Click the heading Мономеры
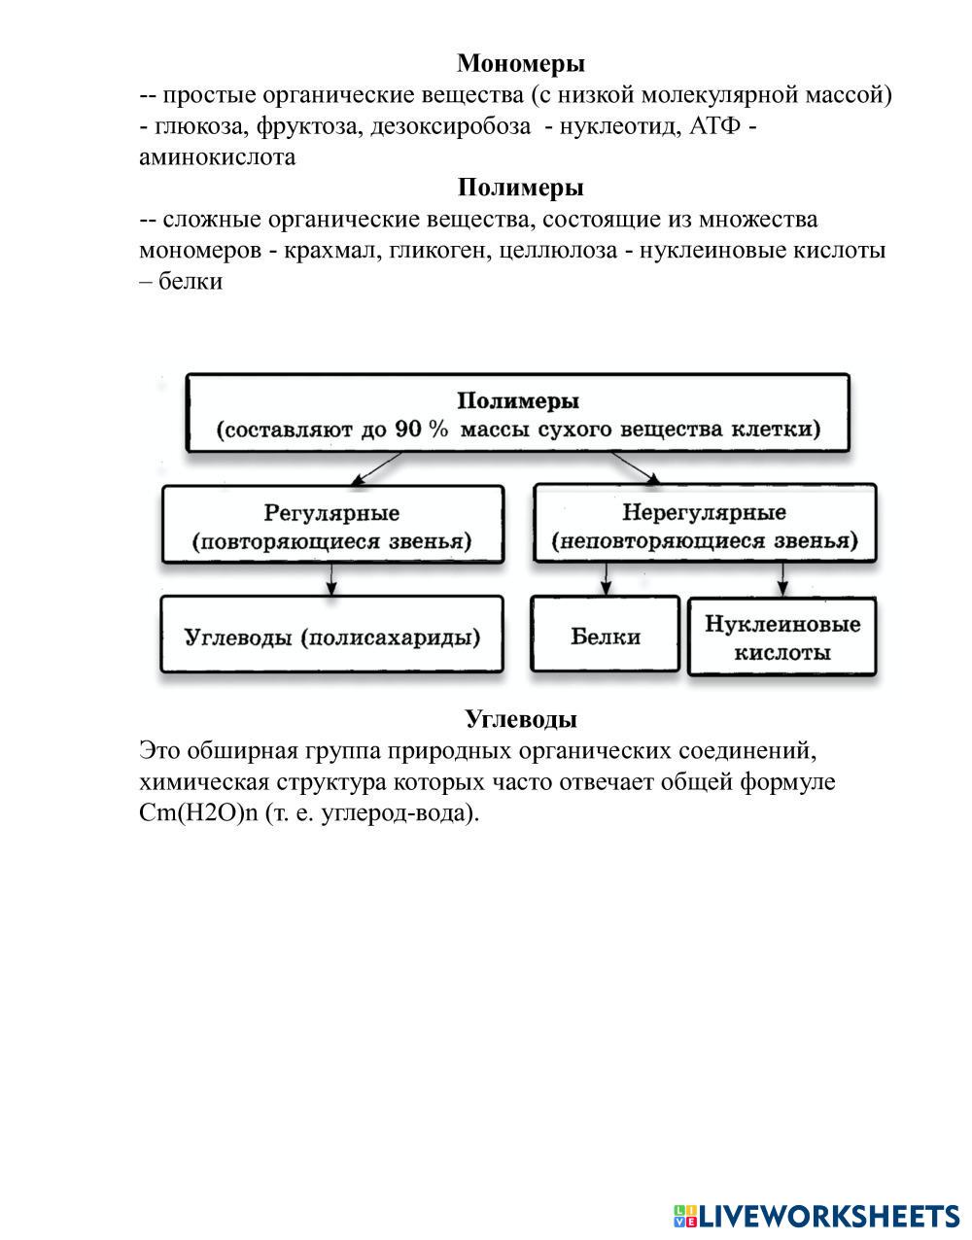(x=521, y=64)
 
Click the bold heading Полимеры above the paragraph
(x=521, y=188)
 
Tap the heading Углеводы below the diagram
(x=521, y=719)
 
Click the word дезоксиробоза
(x=450, y=126)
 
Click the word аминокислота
(x=217, y=157)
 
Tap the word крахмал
(x=330, y=251)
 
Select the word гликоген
(x=441, y=251)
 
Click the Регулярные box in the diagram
(x=332, y=526)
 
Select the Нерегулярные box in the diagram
(x=705, y=526)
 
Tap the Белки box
(x=605, y=637)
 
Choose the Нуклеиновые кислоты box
(x=782, y=637)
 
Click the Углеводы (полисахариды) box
(x=332, y=637)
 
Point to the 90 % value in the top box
(x=422, y=430)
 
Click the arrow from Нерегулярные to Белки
(x=606, y=579)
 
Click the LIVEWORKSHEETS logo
(x=816, y=1215)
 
